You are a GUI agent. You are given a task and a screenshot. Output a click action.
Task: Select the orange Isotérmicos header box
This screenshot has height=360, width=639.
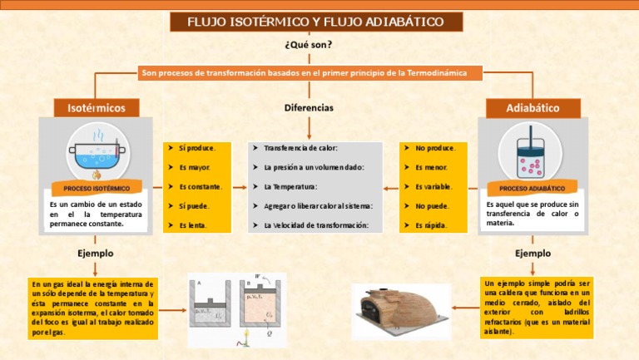coord(97,107)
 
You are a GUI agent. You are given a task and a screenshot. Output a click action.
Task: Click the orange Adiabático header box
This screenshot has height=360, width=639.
coord(532,107)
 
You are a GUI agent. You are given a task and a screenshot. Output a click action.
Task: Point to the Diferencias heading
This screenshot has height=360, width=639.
coord(309,108)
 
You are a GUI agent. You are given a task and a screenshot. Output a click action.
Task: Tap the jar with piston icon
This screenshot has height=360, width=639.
coord(532,152)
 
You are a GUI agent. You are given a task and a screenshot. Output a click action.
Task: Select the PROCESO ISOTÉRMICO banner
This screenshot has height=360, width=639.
coord(97,189)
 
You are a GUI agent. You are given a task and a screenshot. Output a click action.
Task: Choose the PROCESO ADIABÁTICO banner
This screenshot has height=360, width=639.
coord(532,189)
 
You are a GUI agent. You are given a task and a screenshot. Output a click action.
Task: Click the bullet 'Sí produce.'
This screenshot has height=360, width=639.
coord(196,148)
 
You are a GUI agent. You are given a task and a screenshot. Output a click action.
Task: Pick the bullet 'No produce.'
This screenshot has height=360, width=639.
coord(435,148)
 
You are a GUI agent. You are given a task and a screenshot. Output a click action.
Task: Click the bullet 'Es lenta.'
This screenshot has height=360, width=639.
coord(193,225)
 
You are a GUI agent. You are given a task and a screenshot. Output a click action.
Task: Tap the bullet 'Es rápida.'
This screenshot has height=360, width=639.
coord(431,225)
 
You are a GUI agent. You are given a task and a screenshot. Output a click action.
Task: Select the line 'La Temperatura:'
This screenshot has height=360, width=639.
coord(290,186)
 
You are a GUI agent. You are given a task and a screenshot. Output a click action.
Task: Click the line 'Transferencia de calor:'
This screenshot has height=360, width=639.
coord(300,148)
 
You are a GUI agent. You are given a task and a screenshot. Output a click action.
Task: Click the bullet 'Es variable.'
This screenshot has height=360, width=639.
coord(433,186)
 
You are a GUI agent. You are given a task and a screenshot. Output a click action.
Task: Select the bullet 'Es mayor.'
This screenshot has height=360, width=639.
coord(195,167)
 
